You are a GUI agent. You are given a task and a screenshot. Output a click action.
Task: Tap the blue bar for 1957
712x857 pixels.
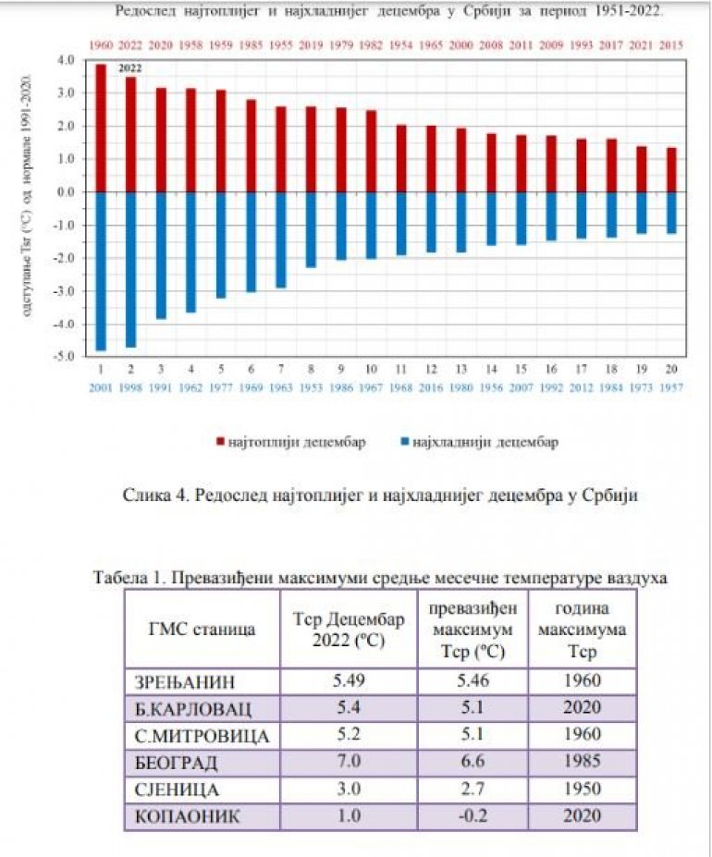click(672, 213)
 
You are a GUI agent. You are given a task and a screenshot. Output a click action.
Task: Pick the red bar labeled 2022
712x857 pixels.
click(131, 135)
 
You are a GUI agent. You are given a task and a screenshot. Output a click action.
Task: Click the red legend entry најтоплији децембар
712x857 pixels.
click(291, 442)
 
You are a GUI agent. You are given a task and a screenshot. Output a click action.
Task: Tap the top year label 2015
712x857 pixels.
click(672, 44)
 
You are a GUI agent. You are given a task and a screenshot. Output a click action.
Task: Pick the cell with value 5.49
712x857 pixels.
click(348, 681)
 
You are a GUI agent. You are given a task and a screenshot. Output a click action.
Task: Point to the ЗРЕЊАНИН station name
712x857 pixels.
click(184, 681)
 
